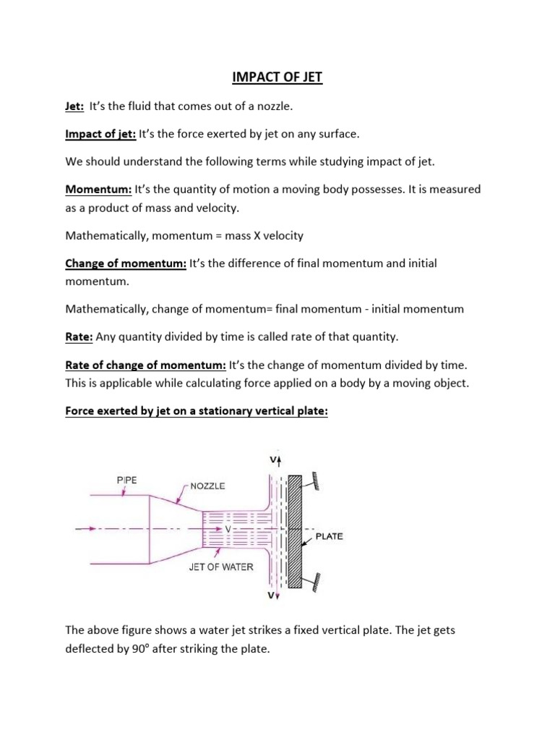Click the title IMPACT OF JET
tap(277, 77)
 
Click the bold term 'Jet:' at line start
tap(74, 106)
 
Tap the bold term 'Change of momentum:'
tap(126, 264)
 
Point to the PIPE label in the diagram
tap(126, 479)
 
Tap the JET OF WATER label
tap(221, 567)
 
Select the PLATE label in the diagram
tap(329, 537)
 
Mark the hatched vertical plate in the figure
tap(295, 530)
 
